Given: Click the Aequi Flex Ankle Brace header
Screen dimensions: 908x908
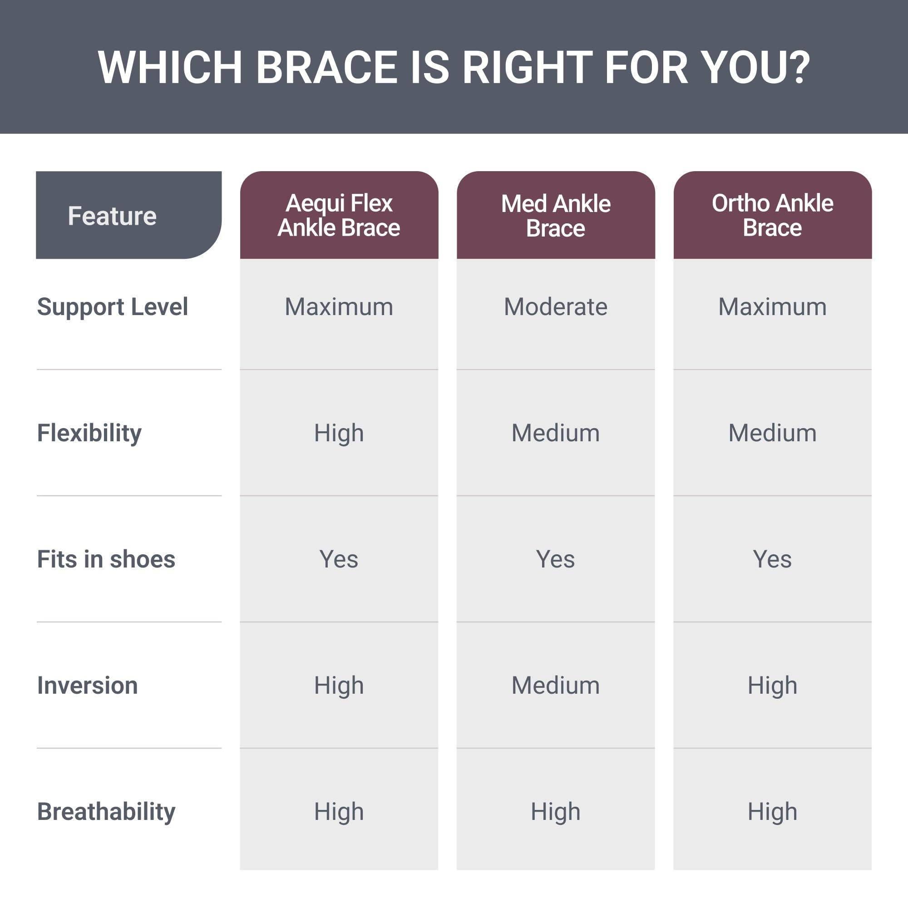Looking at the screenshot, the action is coord(339,215).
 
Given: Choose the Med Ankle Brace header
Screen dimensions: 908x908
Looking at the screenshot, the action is coord(556,215).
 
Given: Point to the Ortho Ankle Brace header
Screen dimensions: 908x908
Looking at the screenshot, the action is coord(773,215).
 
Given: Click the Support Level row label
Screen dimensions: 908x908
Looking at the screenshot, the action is coord(113,307).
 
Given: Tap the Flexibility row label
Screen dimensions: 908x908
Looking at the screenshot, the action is coord(89,433).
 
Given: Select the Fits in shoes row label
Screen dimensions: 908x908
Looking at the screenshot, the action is coord(106,559).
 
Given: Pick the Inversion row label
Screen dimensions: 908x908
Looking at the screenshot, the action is coord(88,685).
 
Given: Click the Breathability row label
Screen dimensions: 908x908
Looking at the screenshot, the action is coord(106,812).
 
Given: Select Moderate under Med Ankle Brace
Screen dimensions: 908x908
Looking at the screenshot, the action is coord(556,307).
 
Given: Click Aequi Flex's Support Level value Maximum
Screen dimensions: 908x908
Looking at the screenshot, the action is coord(339,307).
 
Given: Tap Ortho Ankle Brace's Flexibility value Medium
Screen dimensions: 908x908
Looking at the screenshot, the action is coord(773,433).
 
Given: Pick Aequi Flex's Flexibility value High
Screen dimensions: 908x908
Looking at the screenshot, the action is coord(339,433).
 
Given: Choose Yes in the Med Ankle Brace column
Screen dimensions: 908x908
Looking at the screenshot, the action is coord(556,559).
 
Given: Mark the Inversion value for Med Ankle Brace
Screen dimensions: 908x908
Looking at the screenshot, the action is coord(556,685).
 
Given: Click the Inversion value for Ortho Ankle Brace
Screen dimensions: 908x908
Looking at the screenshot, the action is coord(773,686).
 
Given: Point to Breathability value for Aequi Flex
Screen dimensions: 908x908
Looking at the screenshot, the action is coord(339,812).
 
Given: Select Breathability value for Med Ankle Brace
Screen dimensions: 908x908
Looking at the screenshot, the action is coord(556,812).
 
